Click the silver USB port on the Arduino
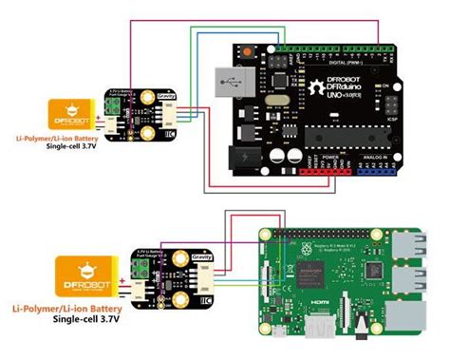pos(228,83)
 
